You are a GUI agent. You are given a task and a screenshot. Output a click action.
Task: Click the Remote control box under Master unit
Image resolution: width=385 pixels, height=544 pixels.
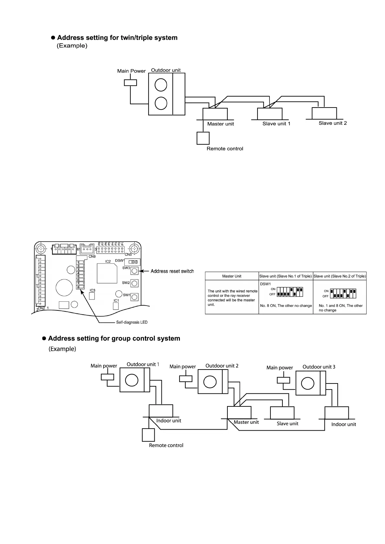tap(203, 138)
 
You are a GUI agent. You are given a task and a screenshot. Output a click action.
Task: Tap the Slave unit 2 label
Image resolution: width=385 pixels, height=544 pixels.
tap(333, 123)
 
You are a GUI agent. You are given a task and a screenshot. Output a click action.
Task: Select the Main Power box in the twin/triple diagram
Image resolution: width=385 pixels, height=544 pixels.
tap(130, 83)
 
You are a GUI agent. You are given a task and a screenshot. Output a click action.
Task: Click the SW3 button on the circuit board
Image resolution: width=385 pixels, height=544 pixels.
tap(135, 271)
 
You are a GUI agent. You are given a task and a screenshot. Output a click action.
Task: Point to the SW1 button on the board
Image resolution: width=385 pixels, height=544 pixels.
tap(135, 297)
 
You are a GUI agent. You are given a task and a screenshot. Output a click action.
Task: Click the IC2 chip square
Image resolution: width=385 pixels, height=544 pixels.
tap(107, 273)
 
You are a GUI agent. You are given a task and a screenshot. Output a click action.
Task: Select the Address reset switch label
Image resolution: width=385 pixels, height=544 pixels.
tap(172, 271)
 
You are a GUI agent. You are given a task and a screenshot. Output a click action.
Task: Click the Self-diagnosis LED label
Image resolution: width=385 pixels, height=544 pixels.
tap(132, 322)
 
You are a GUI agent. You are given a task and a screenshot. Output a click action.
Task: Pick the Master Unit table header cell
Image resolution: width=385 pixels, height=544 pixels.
tap(232, 276)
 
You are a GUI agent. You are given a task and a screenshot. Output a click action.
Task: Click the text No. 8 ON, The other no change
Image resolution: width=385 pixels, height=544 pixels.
tap(286, 306)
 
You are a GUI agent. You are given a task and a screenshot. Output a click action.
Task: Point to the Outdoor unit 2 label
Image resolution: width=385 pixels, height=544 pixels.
tap(222, 366)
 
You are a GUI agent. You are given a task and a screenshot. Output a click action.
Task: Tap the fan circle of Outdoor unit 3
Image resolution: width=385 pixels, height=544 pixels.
tap(307, 383)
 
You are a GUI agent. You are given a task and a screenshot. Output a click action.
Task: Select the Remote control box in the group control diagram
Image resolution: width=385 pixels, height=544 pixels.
tap(148, 435)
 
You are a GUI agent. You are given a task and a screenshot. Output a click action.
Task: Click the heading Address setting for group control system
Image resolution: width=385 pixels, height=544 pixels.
tap(114, 339)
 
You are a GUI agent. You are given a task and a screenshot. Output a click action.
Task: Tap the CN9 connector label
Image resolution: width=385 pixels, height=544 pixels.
tap(92, 256)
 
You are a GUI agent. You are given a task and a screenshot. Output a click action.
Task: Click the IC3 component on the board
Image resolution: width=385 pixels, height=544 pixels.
tap(92, 296)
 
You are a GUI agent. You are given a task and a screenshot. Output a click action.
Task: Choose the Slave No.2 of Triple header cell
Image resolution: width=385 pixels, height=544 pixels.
tap(340, 276)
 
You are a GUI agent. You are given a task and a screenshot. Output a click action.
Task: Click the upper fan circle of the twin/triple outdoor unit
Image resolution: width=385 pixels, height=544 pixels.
tap(161, 85)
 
